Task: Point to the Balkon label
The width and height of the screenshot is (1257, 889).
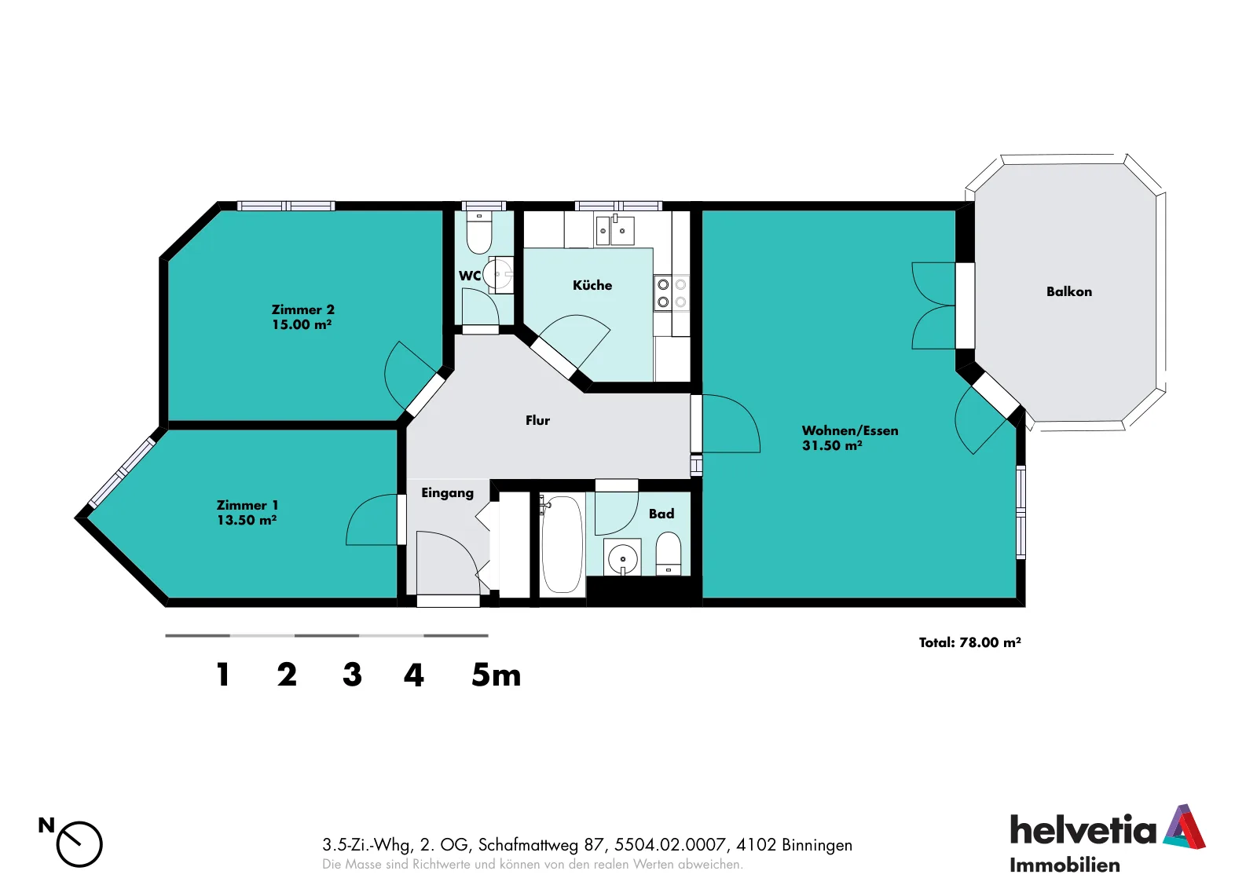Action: pos(1069,291)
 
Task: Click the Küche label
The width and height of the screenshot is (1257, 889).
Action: pos(592,285)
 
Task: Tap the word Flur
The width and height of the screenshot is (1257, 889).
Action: pos(537,420)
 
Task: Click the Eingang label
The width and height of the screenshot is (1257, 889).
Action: pos(447,493)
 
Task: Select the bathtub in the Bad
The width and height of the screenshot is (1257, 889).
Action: pos(562,544)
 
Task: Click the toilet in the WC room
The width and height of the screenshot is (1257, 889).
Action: pos(479,232)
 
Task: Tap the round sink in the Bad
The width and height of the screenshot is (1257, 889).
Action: pos(622,558)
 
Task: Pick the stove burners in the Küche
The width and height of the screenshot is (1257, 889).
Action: pos(672,294)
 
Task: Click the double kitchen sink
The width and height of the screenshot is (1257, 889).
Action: pos(615,230)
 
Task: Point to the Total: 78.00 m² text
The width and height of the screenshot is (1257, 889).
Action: pos(969,642)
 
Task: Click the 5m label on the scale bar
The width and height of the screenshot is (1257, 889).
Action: pos(496,675)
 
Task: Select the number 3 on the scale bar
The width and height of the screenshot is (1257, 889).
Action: pos(352,675)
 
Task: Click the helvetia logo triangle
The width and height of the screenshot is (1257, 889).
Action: pos(1185,826)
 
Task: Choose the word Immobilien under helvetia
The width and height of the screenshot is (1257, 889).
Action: pos(1065,865)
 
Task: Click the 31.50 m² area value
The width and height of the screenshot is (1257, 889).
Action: pos(832,445)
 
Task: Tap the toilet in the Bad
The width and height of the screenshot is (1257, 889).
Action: pos(668,554)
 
